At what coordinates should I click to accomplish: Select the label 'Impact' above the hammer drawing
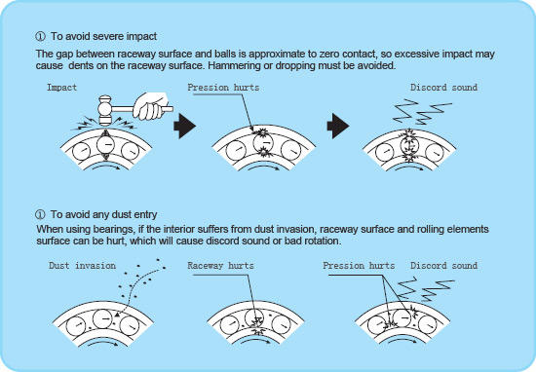61,88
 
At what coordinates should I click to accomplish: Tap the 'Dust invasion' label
83,265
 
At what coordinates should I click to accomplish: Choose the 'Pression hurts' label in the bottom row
358,265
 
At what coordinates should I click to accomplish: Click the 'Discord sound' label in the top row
443,88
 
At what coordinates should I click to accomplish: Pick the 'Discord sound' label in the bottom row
443,265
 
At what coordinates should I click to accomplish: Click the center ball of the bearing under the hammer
102,152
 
